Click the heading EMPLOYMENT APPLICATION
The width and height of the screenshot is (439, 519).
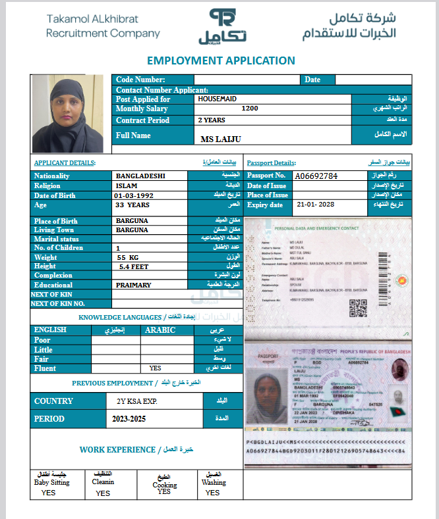pos(221,61)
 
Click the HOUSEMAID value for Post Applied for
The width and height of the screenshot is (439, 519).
pos(217,99)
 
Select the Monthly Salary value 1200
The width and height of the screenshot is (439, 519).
pos(250,109)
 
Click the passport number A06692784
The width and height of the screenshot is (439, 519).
pos(316,176)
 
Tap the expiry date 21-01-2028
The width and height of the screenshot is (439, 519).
pos(316,205)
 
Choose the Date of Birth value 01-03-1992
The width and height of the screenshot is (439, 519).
pos(133,195)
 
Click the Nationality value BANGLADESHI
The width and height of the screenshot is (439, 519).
pos(140,176)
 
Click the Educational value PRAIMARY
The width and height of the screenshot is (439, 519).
pos(133,285)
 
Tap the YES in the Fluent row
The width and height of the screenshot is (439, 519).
pos(156,368)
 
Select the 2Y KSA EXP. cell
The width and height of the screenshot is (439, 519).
pos(132,401)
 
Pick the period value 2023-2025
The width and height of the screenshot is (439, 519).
pos(129,418)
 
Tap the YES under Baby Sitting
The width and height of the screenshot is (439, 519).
pos(48,493)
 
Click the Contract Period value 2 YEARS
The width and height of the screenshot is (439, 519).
pos(211,120)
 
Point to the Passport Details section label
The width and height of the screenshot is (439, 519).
pos(272,162)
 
